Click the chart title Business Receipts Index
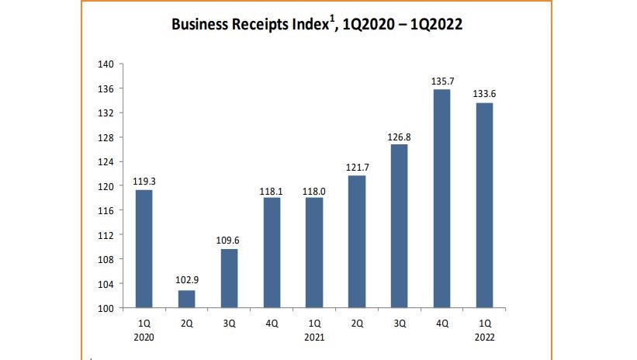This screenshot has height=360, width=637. [317, 25]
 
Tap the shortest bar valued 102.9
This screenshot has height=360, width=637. [187, 299]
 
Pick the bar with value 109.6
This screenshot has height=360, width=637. [229, 278]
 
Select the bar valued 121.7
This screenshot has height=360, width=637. [357, 241]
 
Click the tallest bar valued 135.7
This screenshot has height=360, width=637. [441, 199]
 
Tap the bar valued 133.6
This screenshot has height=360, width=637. [484, 205]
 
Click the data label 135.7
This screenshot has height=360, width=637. [441, 81]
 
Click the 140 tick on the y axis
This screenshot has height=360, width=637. [106, 64]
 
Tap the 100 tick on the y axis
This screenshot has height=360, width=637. [106, 308]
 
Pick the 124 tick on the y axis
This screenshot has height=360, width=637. [106, 162]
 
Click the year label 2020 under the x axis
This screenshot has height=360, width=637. [144, 337]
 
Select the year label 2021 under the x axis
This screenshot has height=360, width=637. [314, 337]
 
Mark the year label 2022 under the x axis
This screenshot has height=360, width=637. [484, 337]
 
